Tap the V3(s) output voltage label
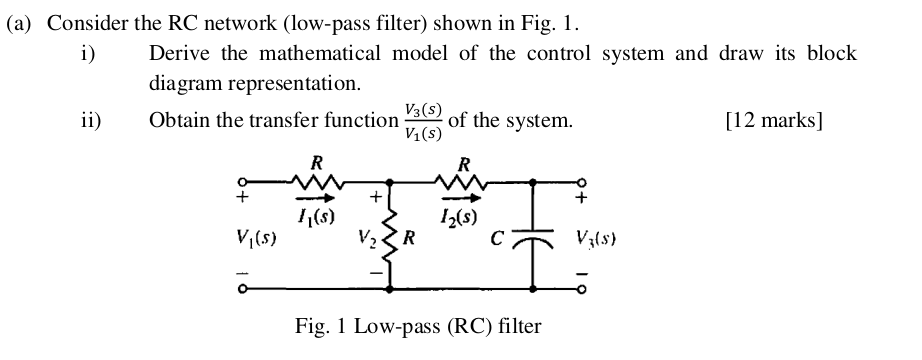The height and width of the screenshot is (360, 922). pos(600,240)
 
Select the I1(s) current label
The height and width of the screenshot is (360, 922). pos(316,213)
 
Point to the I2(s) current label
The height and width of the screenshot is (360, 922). pos(459,213)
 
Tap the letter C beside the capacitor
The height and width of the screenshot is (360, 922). pos(508,239)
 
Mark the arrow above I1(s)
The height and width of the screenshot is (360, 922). pos(314,198)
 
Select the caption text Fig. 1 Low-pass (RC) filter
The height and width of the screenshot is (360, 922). pos(418,326)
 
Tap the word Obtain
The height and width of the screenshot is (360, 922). pos(180,121)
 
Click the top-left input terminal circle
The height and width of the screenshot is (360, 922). pos(240,182)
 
